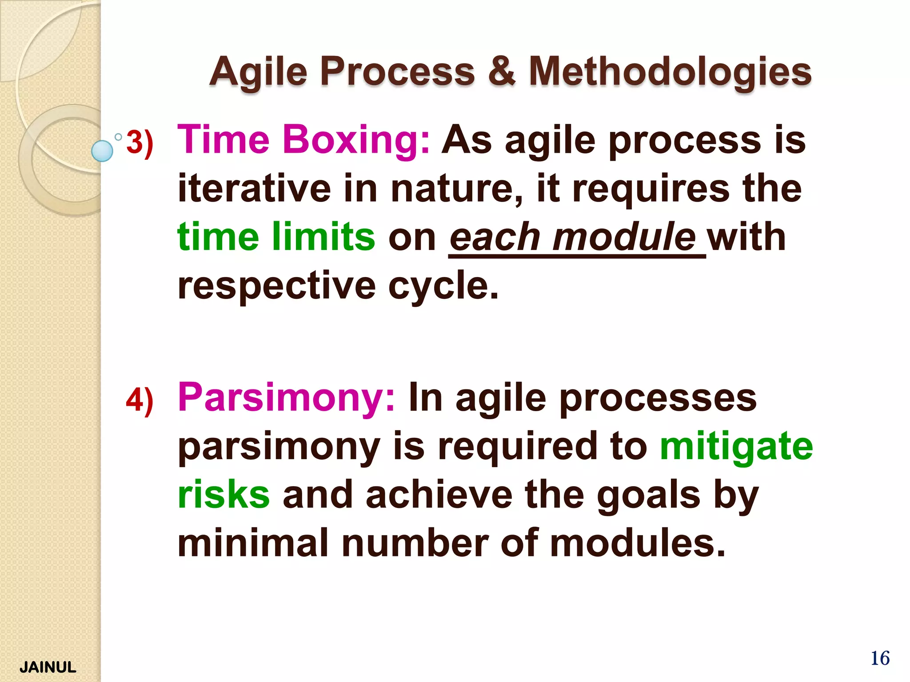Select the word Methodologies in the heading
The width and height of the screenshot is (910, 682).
[x=670, y=72]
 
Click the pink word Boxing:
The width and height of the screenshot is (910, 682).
[x=356, y=140]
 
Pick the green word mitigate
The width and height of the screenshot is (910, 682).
[x=736, y=446]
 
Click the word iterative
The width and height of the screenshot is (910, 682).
[x=254, y=189]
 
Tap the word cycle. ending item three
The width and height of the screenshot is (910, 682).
[x=443, y=285]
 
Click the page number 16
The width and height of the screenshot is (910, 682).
[x=880, y=658]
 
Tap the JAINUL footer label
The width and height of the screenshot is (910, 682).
[x=48, y=667]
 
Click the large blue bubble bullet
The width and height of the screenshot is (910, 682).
[x=102, y=151]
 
